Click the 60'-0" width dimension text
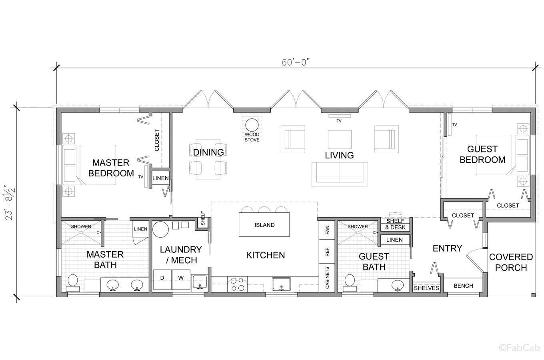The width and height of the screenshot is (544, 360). click(296, 62)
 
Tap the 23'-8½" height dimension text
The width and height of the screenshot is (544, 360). click(10, 203)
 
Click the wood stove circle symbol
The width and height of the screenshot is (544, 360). click(252, 125)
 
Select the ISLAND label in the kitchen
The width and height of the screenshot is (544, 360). click(264, 225)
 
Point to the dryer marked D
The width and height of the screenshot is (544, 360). click(162, 279)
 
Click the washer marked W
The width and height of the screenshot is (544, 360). click(181, 279)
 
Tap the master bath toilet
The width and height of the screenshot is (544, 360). click(73, 283)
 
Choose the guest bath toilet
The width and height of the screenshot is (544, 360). click(350, 283)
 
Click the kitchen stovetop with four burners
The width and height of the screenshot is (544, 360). click(237, 284)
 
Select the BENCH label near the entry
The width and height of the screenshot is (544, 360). click(463, 286)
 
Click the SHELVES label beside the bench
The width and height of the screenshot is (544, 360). click(426, 288)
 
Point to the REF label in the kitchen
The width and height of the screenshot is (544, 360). click(327, 252)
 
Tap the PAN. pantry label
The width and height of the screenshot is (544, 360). click(327, 229)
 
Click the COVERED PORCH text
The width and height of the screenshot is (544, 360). click(511, 262)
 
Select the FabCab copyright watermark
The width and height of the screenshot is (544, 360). click(519, 348)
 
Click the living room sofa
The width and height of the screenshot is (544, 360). click(340, 174)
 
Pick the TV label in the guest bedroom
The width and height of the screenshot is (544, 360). click(455, 124)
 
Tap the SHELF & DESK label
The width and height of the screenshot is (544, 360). click(395, 224)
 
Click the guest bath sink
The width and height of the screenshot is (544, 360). click(398, 285)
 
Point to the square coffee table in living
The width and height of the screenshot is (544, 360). click(340, 139)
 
